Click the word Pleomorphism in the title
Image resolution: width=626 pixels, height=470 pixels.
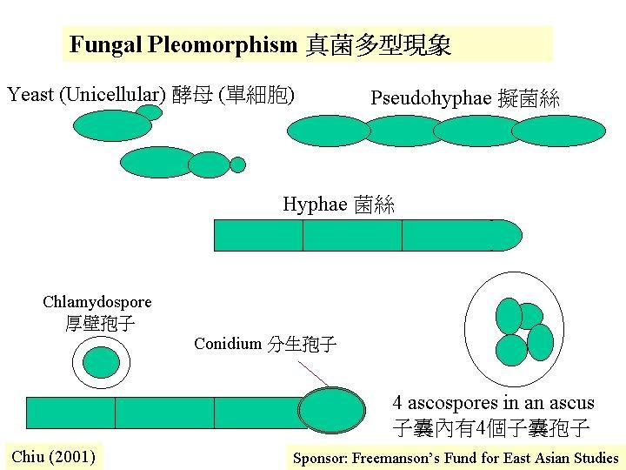tap(223, 44)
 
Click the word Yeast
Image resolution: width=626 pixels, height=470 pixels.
tap(30, 95)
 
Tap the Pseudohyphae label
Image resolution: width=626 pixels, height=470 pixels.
tap(430, 98)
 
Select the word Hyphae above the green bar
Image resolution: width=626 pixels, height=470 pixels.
tap(315, 205)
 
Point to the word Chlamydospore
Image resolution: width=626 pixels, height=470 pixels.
tap(97, 303)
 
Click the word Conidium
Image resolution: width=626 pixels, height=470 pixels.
tap(228, 343)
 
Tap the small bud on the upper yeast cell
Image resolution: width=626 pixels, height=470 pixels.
tap(150, 112)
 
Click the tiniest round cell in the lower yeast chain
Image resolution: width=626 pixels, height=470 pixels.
tap(237, 164)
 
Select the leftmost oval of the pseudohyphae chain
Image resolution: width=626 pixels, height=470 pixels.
tap(329, 131)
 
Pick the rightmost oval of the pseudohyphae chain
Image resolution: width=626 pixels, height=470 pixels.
tap(558, 131)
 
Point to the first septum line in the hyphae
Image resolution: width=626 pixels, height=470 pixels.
tap(303, 235)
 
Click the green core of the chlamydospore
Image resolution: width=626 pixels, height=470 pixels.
tap(101, 362)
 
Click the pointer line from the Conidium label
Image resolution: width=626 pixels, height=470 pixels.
tap(313, 374)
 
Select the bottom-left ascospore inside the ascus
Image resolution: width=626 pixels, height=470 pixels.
tap(511, 350)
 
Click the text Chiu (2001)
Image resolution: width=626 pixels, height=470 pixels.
tap(54, 457)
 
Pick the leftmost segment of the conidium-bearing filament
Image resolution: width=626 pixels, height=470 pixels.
tap(71, 413)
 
